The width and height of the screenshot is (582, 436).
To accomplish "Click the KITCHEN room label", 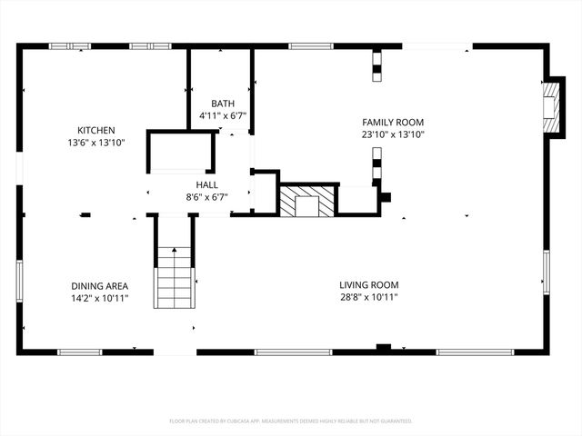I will tap(95, 131).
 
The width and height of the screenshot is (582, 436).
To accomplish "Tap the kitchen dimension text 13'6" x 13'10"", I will tap(95, 144).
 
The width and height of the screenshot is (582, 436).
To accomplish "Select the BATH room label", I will tap(223, 104).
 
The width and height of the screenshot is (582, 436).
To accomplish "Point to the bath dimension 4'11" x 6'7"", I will tap(223, 116).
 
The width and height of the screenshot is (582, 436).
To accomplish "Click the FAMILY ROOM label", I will tap(393, 123).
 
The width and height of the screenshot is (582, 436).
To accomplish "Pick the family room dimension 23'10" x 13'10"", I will tap(393, 135).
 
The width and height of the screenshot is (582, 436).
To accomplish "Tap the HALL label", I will tap(206, 183).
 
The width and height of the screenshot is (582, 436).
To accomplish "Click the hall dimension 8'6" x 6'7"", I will tap(206, 196).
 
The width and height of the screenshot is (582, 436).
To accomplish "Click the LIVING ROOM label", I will tap(368, 283).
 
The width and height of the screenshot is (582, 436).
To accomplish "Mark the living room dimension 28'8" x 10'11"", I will tap(368, 297).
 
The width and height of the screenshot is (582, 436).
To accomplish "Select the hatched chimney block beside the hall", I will tap(306, 201).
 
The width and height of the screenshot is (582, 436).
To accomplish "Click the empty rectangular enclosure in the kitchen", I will tap(182, 152).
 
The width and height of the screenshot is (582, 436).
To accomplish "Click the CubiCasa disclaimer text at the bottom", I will tap(291, 421).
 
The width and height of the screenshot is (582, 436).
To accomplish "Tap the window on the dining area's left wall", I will tap(19, 282).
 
